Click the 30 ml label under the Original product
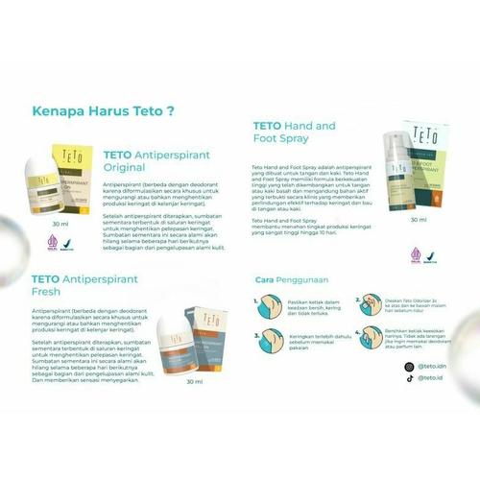click(x=60, y=224)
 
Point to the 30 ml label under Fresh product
click(x=195, y=381)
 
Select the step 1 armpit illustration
click(x=268, y=306)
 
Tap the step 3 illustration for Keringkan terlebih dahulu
click(x=268, y=341)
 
